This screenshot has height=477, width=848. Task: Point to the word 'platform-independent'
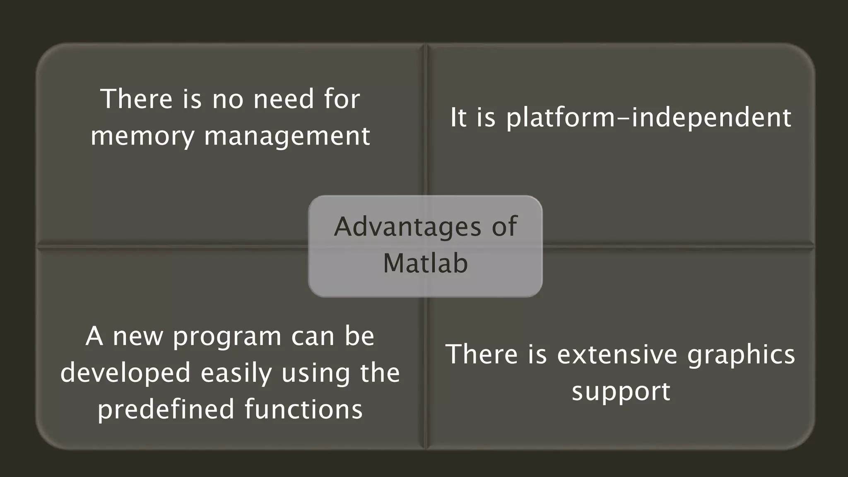(x=648, y=118)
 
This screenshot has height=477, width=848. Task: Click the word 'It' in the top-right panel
(x=458, y=118)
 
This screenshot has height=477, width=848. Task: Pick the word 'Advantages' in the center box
(x=407, y=227)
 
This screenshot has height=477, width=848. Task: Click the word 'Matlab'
(x=425, y=263)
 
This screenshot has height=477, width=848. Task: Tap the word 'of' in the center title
(x=504, y=227)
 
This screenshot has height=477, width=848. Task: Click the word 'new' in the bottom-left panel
(x=138, y=336)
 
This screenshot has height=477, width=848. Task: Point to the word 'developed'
(x=125, y=373)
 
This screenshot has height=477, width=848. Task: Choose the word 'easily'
(x=236, y=373)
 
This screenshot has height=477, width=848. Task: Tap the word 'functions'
(x=304, y=409)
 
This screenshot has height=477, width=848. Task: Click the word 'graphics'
(x=741, y=354)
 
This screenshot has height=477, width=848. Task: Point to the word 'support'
(x=621, y=391)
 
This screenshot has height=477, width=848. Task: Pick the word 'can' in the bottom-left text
(x=313, y=336)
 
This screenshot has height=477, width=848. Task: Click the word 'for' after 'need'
(x=342, y=99)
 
